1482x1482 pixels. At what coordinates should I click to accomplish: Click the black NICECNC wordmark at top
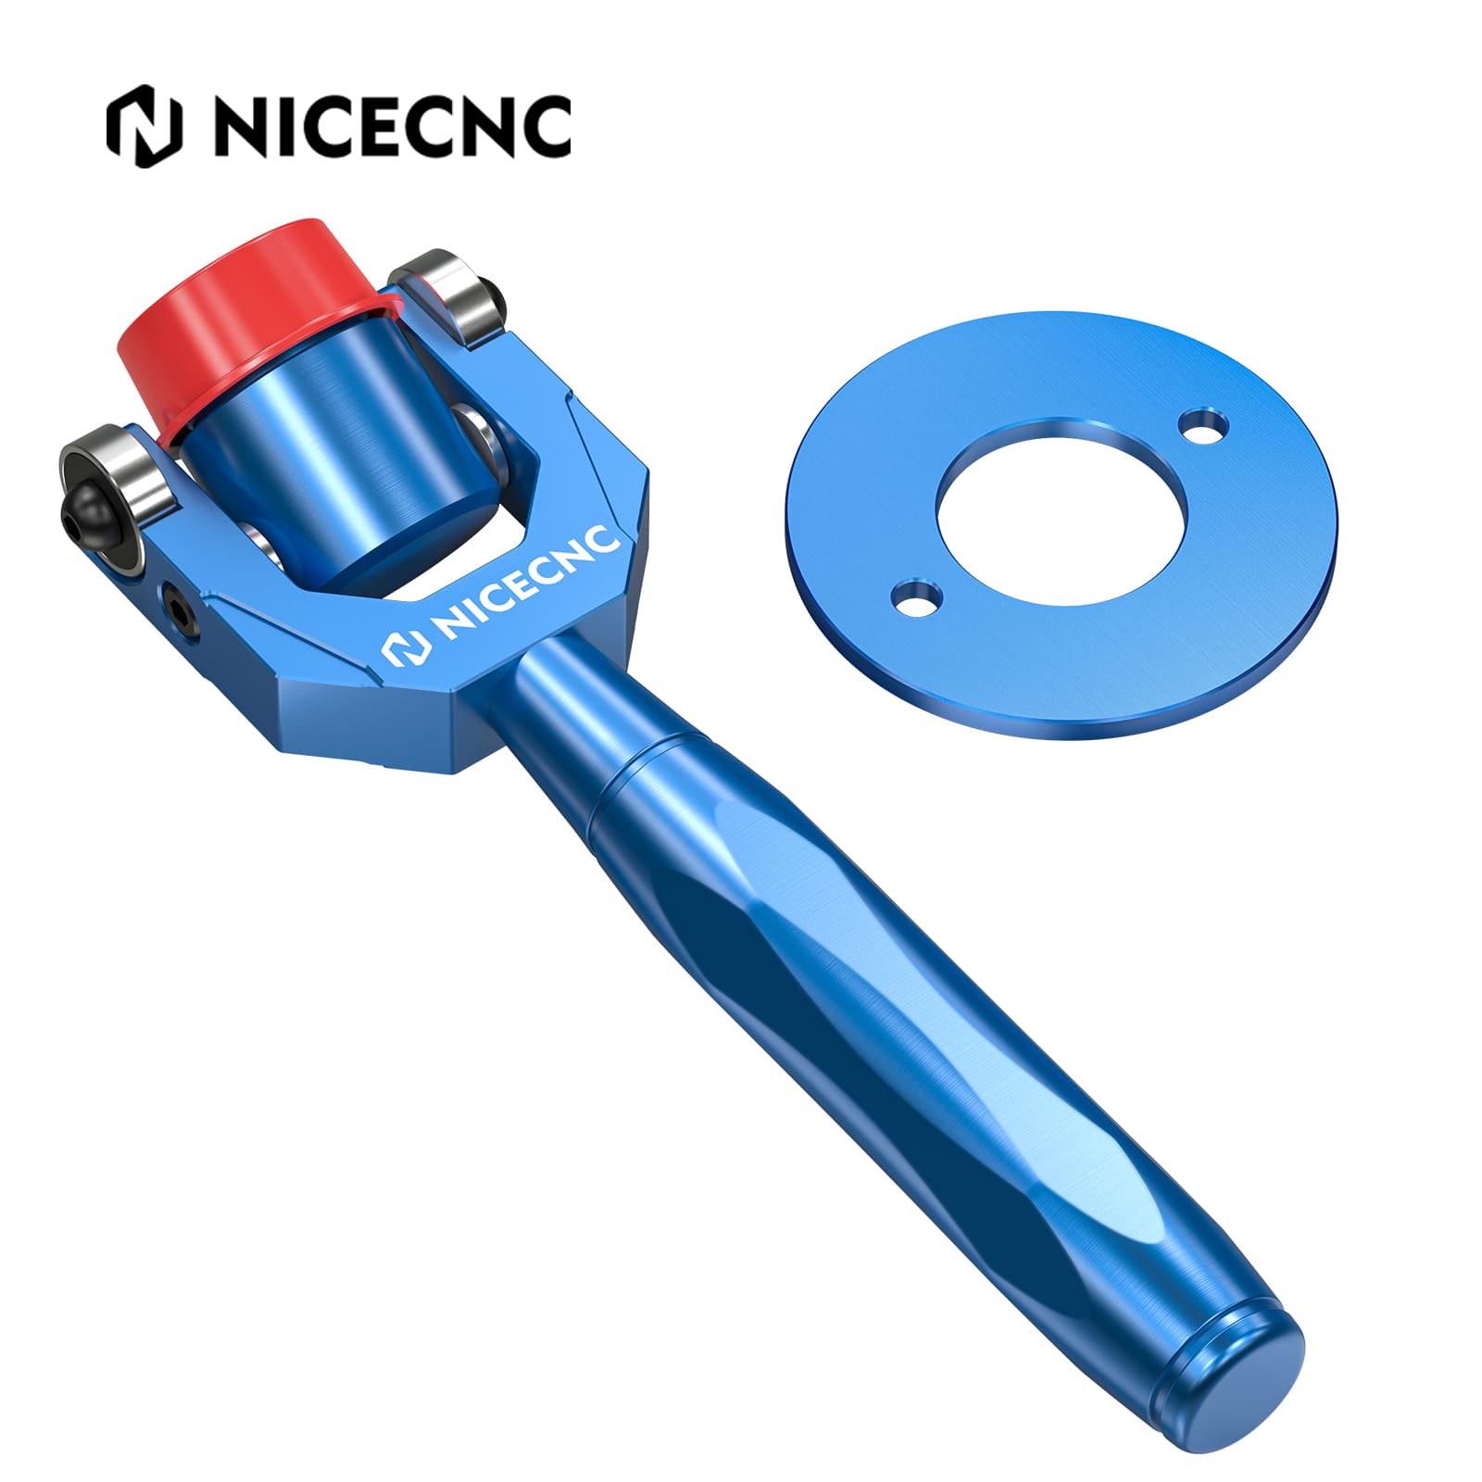(x=393, y=126)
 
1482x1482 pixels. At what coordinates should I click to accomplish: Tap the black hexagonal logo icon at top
(x=144, y=126)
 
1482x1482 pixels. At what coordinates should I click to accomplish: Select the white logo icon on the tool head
(x=406, y=648)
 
